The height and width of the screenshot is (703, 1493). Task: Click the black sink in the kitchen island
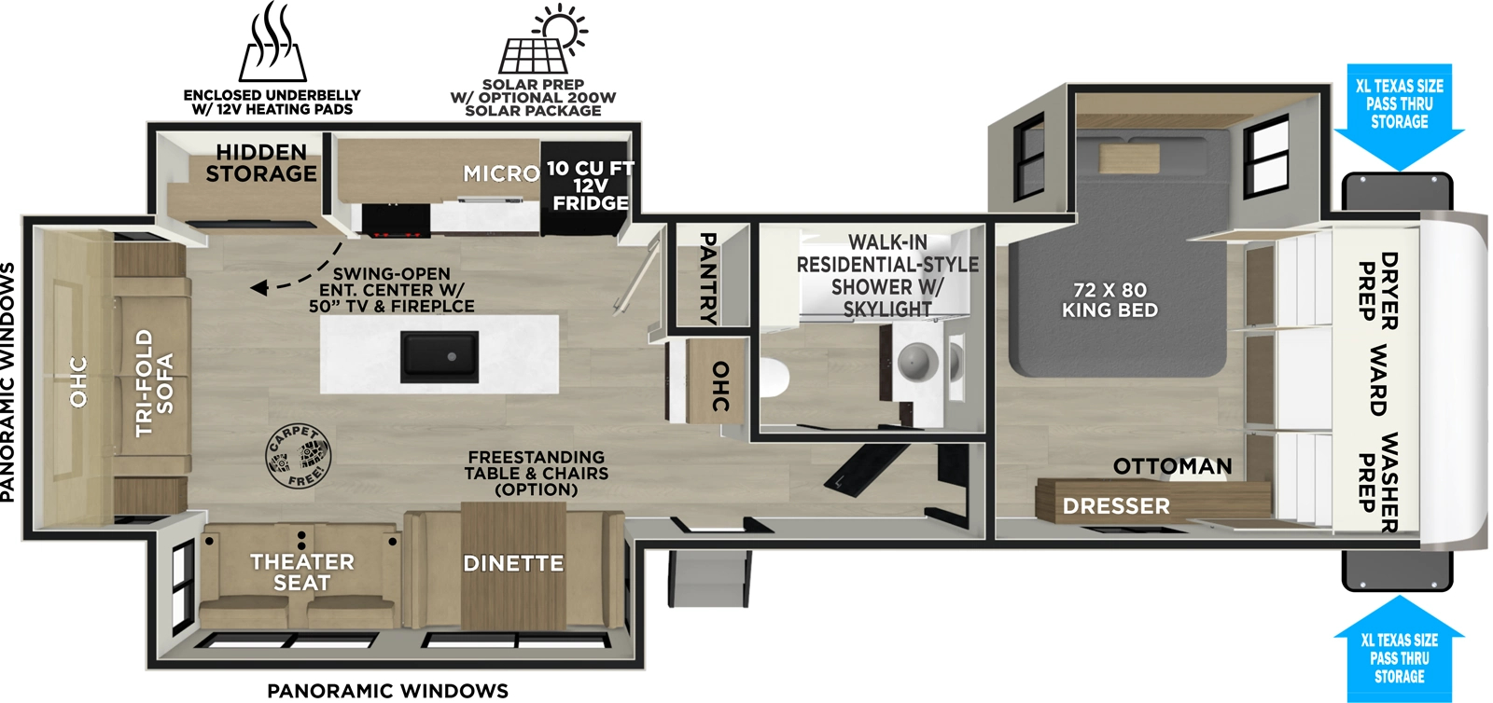pyautogui.click(x=440, y=356)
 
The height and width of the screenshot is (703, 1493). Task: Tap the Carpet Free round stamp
pyautogui.click(x=298, y=457)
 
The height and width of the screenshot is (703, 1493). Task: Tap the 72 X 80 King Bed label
pyautogui.click(x=1109, y=300)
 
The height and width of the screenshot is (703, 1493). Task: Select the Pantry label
pyautogui.click(x=709, y=278)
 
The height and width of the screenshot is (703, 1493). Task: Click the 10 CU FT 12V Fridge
pyautogui.click(x=590, y=186)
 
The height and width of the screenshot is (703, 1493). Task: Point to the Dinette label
pyautogui.click(x=513, y=563)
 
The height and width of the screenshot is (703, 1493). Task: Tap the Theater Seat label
pyautogui.click(x=301, y=572)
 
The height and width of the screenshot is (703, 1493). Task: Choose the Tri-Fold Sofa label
pyautogui.click(x=154, y=382)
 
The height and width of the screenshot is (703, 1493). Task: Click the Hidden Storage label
pyautogui.click(x=261, y=163)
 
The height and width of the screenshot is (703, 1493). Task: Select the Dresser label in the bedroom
pyautogui.click(x=1116, y=506)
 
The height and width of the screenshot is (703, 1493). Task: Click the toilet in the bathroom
pyautogui.click(x=774, y=379)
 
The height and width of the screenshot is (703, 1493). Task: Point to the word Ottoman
pyautogui.click(x=1172, y=466)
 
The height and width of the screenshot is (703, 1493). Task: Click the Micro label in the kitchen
pyautogui.click(x=501, y=173)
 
